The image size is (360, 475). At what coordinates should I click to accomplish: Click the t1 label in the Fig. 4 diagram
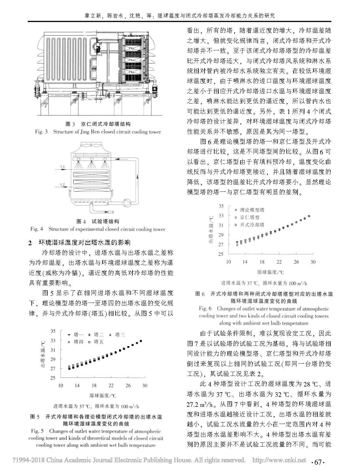pyautogui.click(x=62, y=167)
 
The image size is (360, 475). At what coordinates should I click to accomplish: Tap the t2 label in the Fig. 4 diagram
pyautogui.click(x=62, y=185)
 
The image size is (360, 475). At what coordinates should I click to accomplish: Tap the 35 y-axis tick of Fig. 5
pyautogui.click(x=53, y=331)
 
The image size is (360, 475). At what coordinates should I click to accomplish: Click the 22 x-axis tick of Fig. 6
pyautogui.click(x=279, y=262)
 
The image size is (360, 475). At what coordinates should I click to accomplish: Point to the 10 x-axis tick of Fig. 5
pyautogui.click(x=60, y=385)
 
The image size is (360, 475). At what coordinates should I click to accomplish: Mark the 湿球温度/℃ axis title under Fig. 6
pyautogui.click(x=271, y=272)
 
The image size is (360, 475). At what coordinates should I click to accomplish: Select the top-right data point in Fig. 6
pyautogui.click(x=309, y=216)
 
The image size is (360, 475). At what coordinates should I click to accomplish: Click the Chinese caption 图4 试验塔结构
pyautogui.click(x=98, y=221)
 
